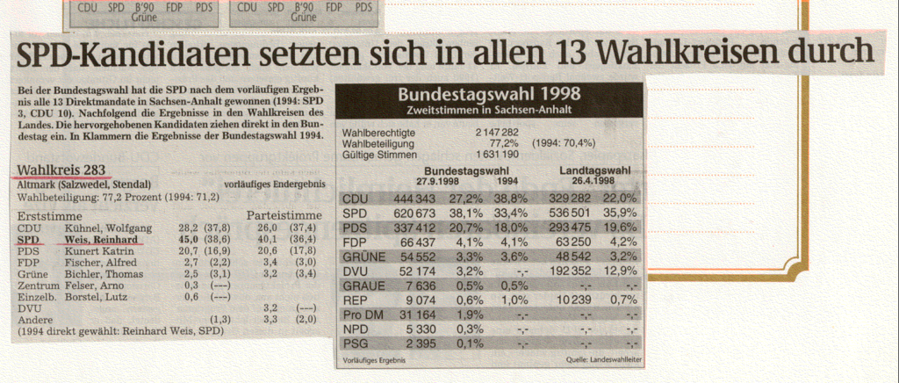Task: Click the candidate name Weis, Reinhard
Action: click(99, 237)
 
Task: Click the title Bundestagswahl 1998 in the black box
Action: click(489, 95)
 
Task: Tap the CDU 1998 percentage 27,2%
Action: click(465, 199)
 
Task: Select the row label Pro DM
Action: click(362, 314)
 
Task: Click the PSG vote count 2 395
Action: click(417, 343)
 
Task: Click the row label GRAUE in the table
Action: click(363, 285)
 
